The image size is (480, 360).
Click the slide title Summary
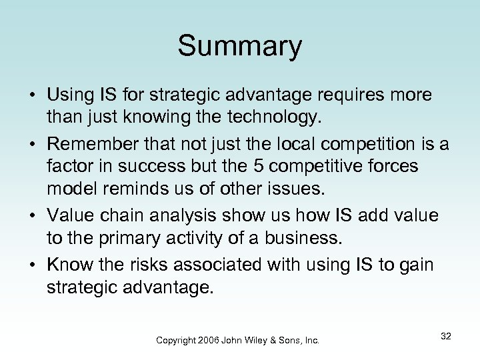tap(240, 46)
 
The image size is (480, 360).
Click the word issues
tap(297, 187)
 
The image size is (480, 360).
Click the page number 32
tap(445, 337)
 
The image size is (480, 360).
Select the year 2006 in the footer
tap(211, 340)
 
